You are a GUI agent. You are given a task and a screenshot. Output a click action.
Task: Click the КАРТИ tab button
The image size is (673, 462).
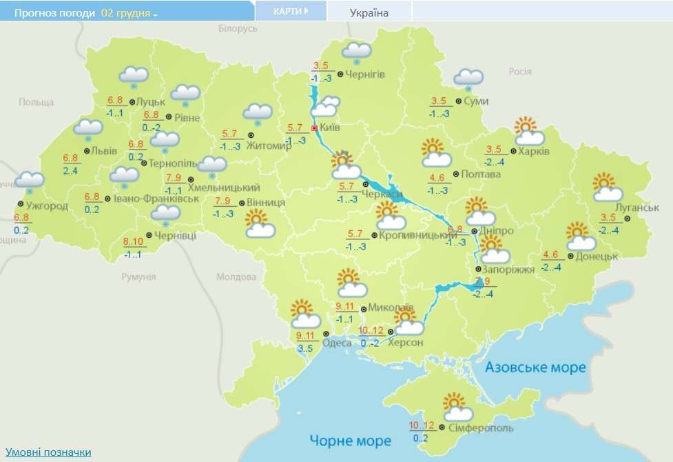point(289,12)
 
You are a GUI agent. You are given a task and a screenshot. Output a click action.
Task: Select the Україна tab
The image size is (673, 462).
point(369,12)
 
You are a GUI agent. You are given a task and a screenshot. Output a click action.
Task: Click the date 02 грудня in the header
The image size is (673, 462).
point(125,13)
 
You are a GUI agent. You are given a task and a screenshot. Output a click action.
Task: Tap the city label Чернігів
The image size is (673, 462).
point(366,74)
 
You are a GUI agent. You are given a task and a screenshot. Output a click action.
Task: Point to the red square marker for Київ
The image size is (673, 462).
point(315,128)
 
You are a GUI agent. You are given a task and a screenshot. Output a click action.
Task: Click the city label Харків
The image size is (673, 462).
point(535,151)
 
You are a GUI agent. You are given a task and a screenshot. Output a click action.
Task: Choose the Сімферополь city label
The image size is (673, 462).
point(480,428)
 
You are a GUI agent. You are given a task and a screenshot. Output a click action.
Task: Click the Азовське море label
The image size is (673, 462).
point(535,367)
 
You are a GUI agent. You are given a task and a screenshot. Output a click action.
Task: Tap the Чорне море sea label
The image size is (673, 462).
point(350,440)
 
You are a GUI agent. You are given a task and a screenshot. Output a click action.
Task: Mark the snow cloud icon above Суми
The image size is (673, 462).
point(468,79)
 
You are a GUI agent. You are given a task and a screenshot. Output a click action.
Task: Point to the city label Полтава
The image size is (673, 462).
point(481,174)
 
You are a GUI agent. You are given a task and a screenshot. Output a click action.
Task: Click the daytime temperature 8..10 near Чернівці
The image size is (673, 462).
point(133,241)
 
